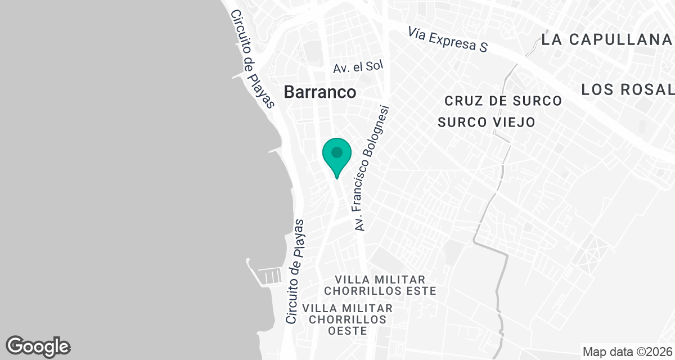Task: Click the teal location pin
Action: tap(337, 155)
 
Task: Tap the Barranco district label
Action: tap(320, 92)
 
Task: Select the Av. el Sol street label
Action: tap(358, 67)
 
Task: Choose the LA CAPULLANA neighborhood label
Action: tap(607, 39)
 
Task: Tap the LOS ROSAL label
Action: tap(627, 89)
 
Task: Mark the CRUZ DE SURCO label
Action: tap(503, 101)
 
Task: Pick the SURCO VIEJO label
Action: tap(486, 122)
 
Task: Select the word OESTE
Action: tap(347, 331)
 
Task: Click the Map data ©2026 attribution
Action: tap(627, 352)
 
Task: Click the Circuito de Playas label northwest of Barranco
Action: tap(253, 59)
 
